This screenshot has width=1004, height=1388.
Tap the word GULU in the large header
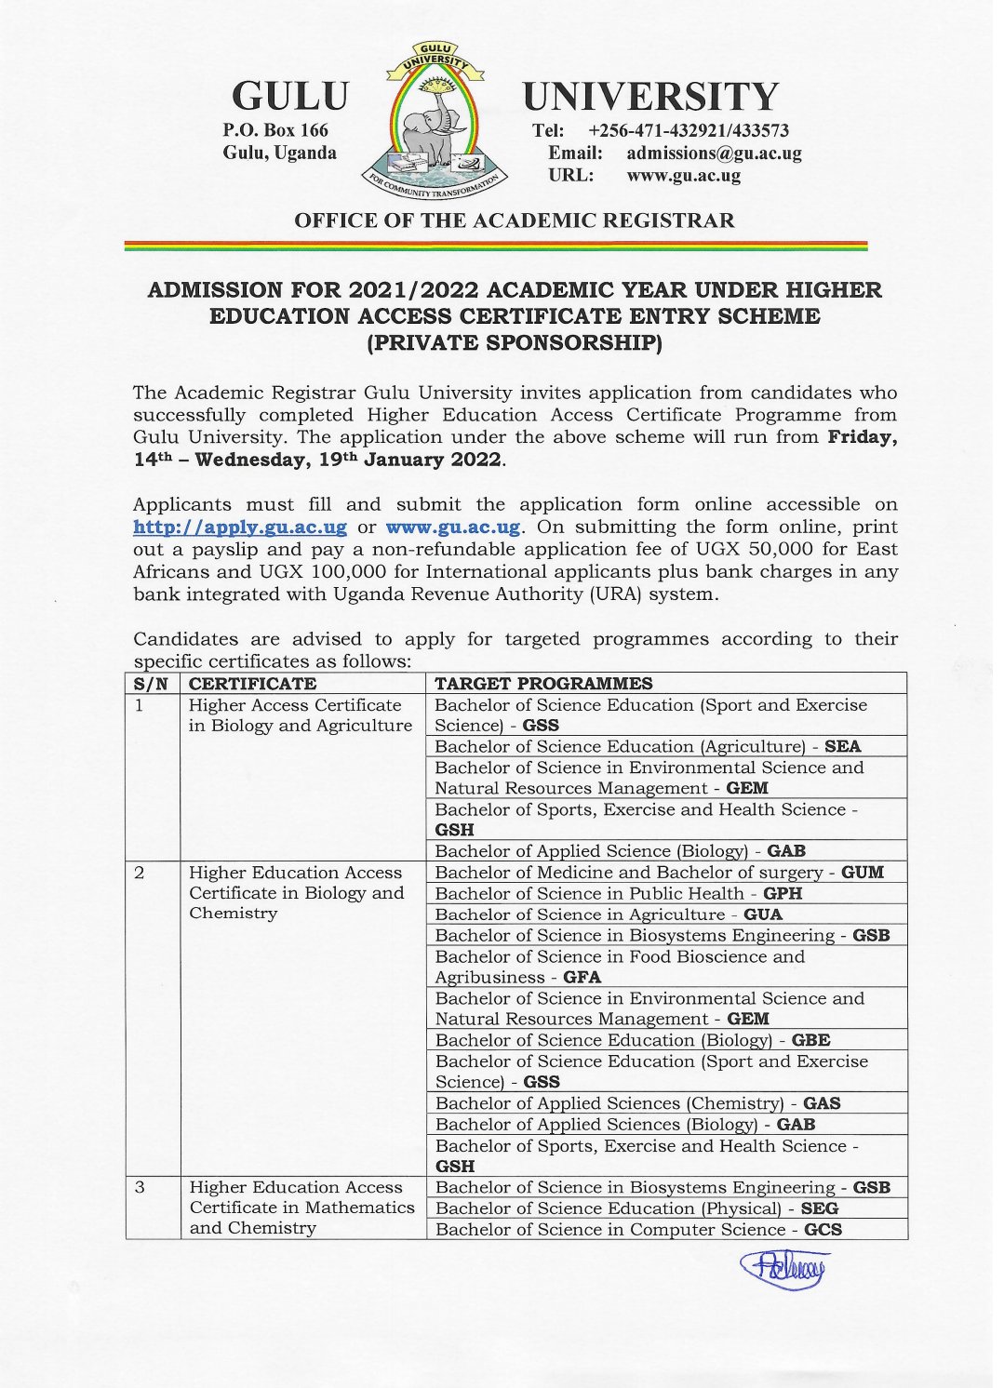[x=289, y=97]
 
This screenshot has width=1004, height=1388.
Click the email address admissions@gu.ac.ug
[x=713, y=153]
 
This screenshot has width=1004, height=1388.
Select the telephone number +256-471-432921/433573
[x=689, y=131]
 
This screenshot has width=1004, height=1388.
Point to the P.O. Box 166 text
[x=274, y=130]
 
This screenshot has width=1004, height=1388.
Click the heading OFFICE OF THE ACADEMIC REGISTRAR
[x=514, y=220]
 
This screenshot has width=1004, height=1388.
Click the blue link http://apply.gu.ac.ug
[x=240, y=527]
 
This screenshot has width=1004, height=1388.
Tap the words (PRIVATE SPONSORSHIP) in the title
[x=515, y=343]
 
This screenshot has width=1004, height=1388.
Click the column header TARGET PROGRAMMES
[x=543, y=684]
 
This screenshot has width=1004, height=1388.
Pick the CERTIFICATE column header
[x=252, y=684]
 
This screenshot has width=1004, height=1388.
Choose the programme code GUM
[x=863, y=873]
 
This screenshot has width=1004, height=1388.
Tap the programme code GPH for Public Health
[x=783, y=894]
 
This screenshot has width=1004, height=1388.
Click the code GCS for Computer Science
[x=823, y=1230]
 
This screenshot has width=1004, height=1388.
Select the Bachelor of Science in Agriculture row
[x=608, y=914]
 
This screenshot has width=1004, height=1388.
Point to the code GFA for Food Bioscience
[x=582, y=978]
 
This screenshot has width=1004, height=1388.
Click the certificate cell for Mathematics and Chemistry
[x=301, y=1208]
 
